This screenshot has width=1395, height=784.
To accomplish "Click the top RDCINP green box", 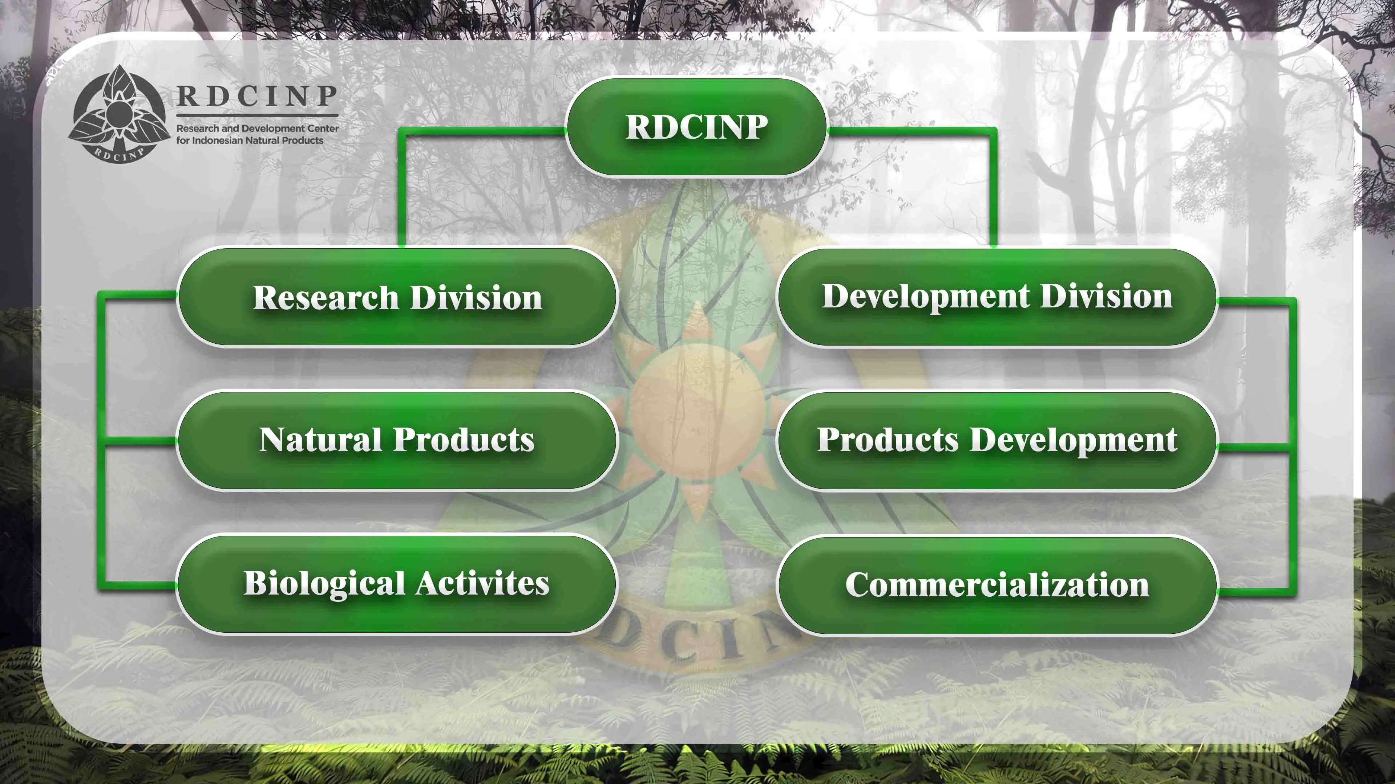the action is coord(696,127).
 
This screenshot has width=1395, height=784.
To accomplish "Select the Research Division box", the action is coord(397,297).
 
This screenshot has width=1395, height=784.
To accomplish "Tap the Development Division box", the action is coord(997,297).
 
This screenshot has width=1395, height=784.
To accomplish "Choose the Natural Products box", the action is coord(397,440).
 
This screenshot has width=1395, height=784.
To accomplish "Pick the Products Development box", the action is coord(997,440).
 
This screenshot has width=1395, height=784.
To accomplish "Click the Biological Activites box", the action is coord(397,584).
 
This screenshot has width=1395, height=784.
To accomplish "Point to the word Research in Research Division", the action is coord(326,298).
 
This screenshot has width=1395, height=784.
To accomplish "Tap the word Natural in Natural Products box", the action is coord(320,440).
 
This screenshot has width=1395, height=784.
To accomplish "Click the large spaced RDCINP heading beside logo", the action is coord(257,96).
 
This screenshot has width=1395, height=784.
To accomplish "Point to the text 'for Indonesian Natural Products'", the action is coord(250,140).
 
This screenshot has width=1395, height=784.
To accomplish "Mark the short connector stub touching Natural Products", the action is coord(140,441).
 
